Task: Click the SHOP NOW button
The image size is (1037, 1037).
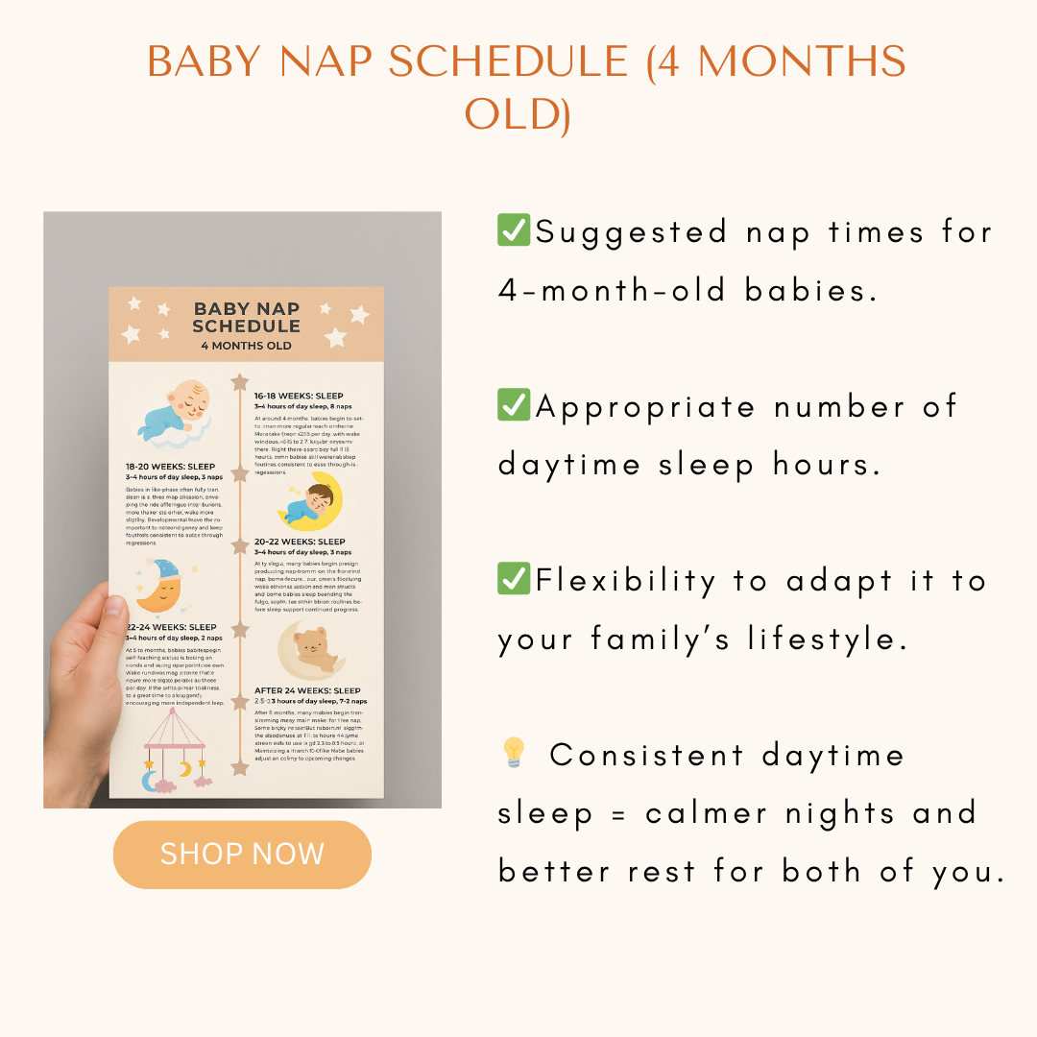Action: pos(242,854)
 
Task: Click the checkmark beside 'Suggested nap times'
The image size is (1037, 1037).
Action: pos(514,231)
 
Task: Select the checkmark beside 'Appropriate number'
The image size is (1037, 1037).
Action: pos(514,405)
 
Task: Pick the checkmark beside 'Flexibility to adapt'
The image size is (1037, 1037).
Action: pos(514,580)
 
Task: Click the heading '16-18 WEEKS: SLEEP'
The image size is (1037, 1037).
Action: pos(299,396)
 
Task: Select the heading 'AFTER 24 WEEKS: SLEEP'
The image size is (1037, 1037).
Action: pos(307,690)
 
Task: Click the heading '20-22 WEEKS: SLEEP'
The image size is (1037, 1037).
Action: pos(300,542)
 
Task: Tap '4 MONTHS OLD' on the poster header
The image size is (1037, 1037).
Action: pos(246,346)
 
